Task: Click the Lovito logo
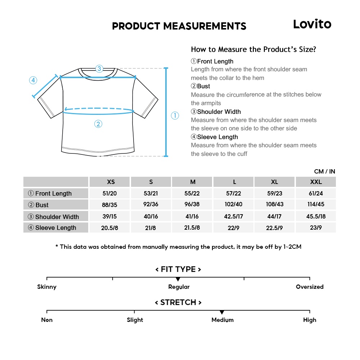coord(312,24)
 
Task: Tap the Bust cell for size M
coord(192,204)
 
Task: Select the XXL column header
coord(316,182)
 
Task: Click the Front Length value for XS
coord(110,193)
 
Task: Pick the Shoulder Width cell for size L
coord(234,216)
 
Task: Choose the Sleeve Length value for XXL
coord(316,228)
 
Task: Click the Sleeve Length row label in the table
coord(55,228)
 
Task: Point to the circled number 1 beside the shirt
coord(175,116)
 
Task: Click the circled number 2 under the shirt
coord(98,124)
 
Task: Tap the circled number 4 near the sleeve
coord(33,80)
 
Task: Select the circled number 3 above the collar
coord(99,68)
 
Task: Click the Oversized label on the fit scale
coord(310,287)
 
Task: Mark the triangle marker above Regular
coord(178,279)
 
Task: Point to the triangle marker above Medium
coord(222,312)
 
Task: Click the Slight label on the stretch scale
coord(135,320)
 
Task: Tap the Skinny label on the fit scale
coord(47,287)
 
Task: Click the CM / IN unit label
coord(324,171)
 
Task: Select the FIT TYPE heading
coord(178,269)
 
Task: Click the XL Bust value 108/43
coord(275,204)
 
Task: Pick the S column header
coord(151,182)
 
